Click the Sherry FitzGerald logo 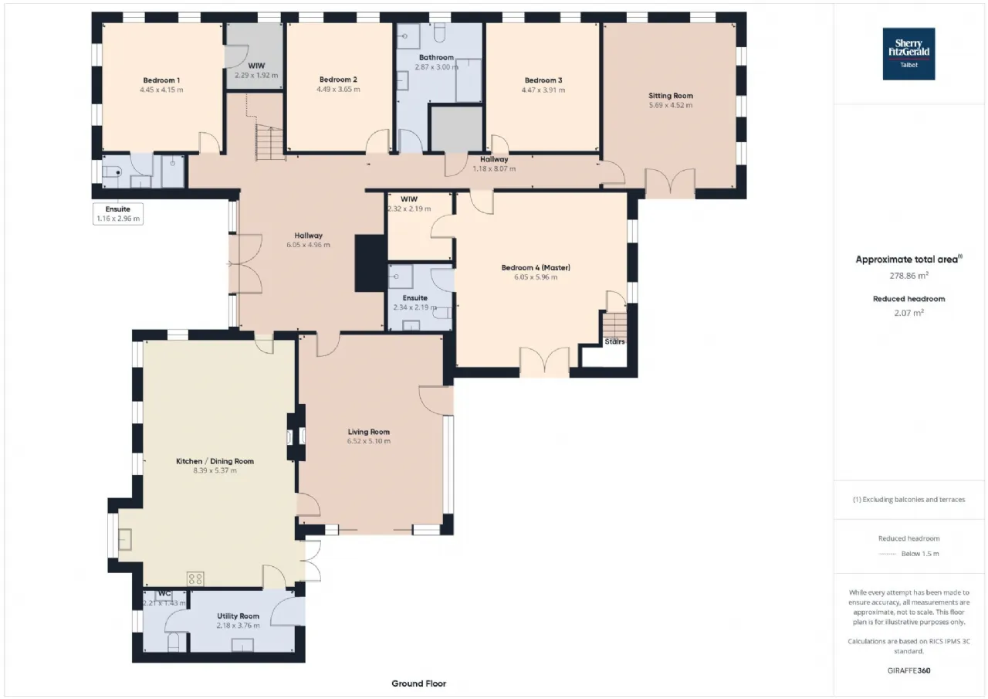point(908,54)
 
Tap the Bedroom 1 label point(161,80)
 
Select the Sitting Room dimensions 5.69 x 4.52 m point(671,105)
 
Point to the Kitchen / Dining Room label point(215,461)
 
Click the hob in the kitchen point(195,579)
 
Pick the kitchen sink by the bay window point(125,539)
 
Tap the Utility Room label point(239,616)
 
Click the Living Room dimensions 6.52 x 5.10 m point(369,441)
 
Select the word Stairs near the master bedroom point(614,341)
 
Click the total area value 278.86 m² point(908,276)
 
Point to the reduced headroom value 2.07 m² point(908,313)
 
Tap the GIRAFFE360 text point(908,670)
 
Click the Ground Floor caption point(418,684)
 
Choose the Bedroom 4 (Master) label point(536,267)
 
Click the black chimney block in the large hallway point(371,263)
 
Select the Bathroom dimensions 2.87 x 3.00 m point(436,67)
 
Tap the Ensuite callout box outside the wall point(118,214)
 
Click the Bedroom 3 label point(543,80)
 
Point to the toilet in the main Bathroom point(439,32)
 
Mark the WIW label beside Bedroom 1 point(256,66)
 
